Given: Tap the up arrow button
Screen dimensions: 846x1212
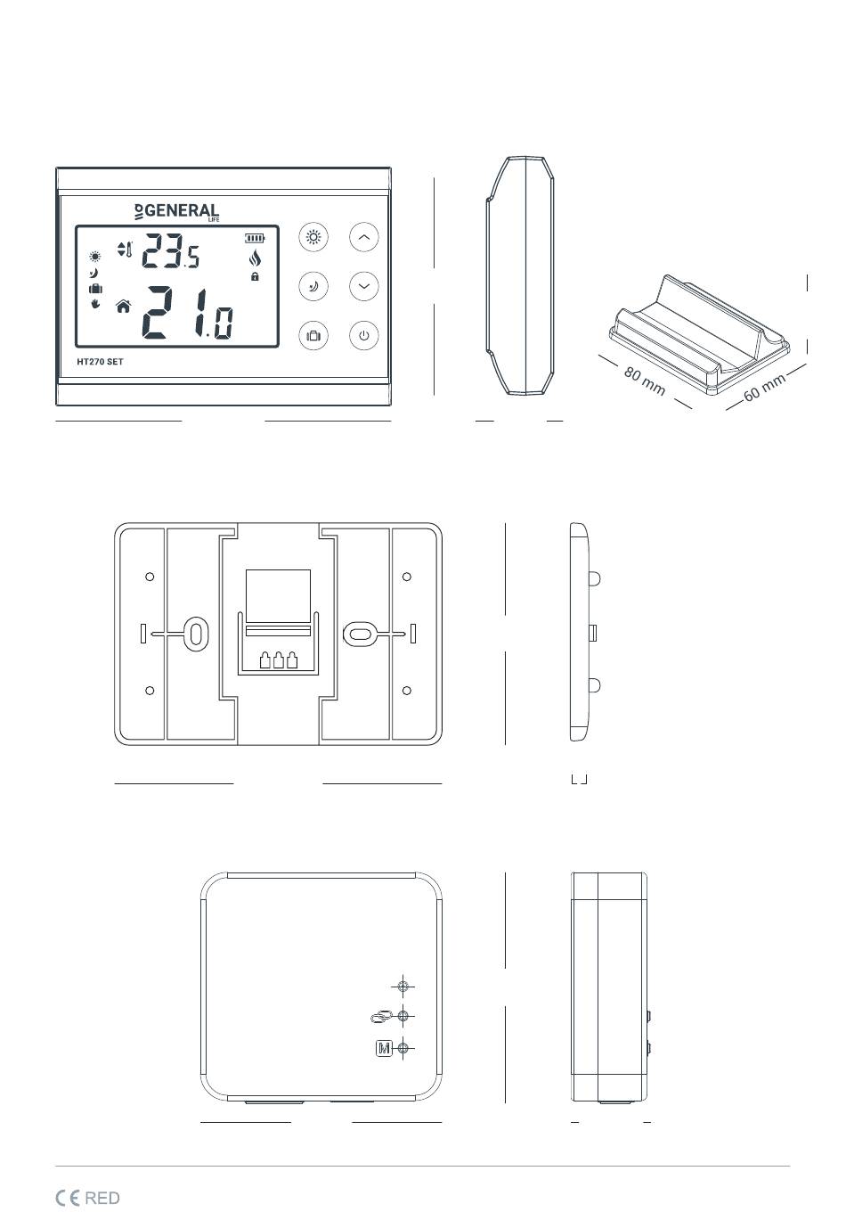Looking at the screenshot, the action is coord(363,238).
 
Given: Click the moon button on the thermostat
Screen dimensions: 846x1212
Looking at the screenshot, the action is coord(313,286).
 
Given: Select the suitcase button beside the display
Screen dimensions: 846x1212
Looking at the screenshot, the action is coord(313,336).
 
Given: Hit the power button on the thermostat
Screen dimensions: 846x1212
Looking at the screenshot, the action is coord(363,336).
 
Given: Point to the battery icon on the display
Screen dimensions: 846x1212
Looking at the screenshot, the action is coord(256,238).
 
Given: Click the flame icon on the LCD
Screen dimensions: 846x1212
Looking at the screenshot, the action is coord(256,259).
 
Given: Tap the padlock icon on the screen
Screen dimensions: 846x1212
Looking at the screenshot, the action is coord(256,277).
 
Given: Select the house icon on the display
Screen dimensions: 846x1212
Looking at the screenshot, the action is coord(123,307).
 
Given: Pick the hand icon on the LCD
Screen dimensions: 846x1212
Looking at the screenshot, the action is coord(95,304).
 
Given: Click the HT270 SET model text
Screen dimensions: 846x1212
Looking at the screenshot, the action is coord(100,362).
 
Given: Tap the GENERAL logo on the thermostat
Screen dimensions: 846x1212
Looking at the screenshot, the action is coord(176,212).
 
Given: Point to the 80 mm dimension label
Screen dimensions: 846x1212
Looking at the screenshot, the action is coord(644,381).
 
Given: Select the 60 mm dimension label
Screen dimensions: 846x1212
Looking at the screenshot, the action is coord(764,387).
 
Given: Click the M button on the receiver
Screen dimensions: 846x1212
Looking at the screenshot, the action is coord(384,1049).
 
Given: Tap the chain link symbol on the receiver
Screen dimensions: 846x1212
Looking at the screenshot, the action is coord(380,1017).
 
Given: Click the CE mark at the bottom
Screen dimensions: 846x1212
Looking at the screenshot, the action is coord(68,1198).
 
